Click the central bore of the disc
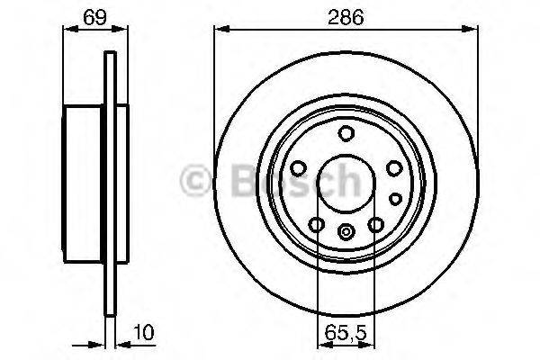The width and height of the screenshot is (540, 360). [x=346, y=180]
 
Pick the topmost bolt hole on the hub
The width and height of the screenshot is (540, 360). [x=346, y=134]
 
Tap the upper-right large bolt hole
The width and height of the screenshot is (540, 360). [x=393, y=167]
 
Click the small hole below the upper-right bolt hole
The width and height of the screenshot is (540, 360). [x=394, y=197]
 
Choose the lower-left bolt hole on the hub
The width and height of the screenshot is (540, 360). [x=316, y=224]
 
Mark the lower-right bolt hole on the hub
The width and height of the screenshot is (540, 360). [x=375, y=224]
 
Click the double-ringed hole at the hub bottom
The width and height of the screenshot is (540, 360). [x=346, y=231]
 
